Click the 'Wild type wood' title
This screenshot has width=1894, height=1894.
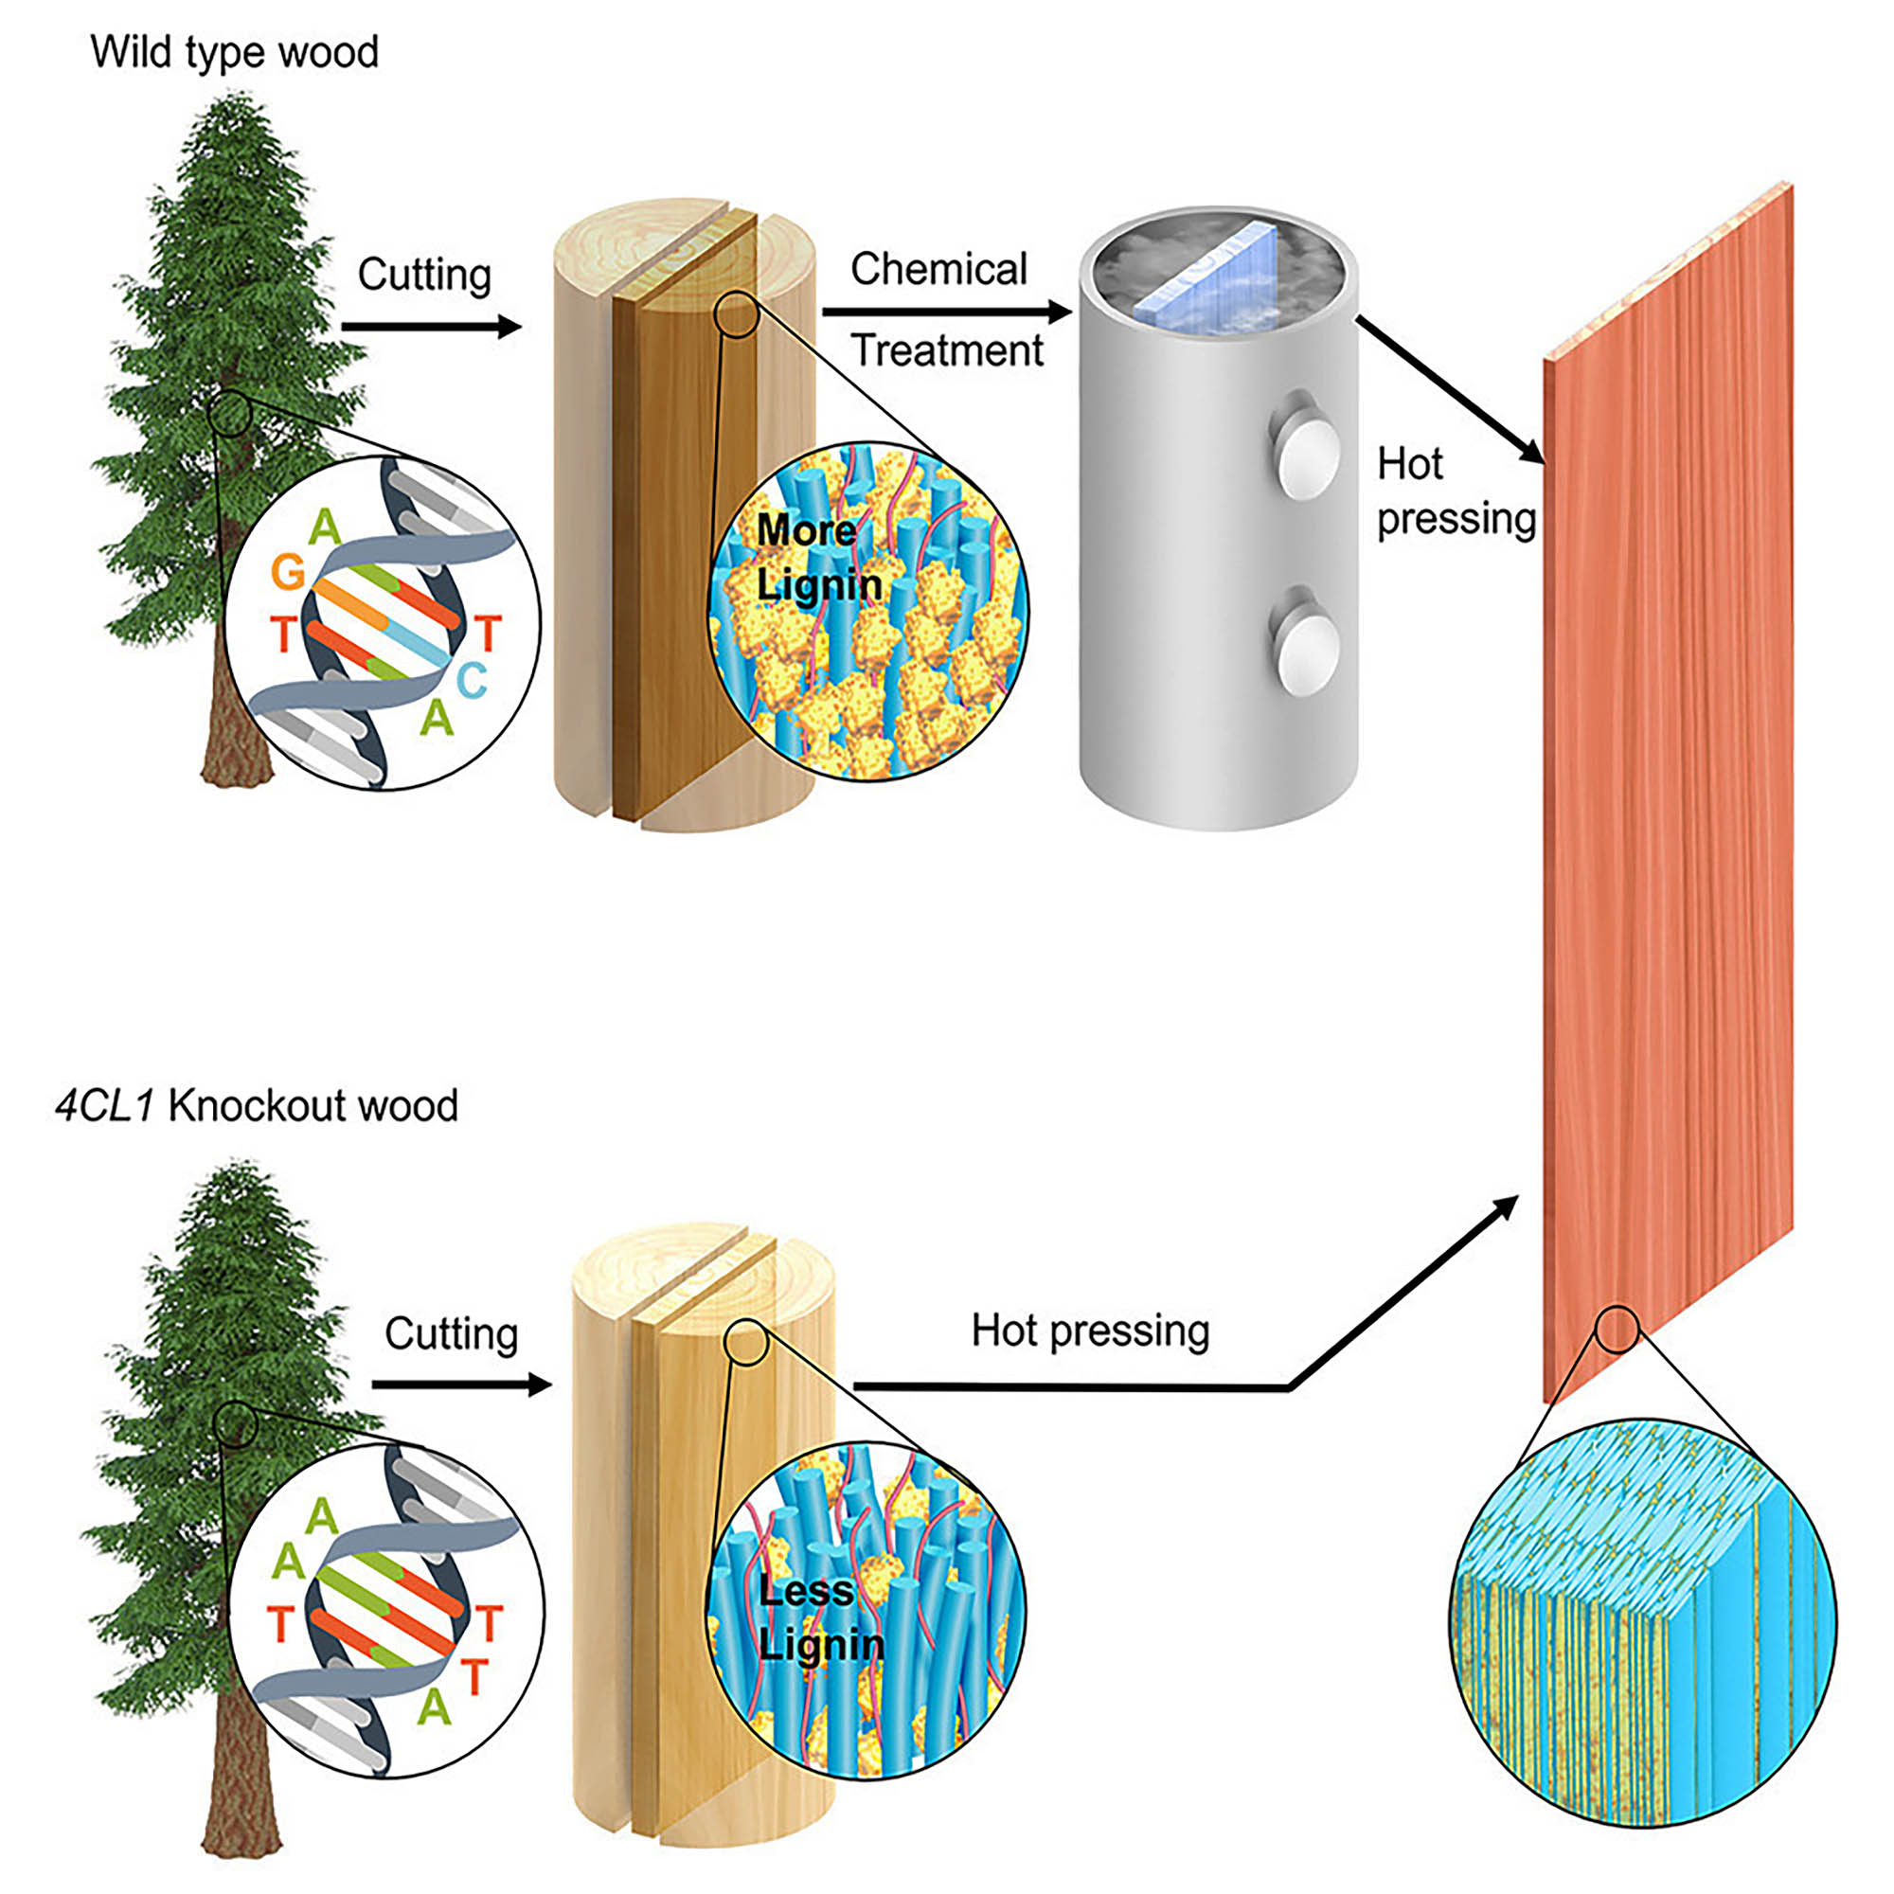(234, 53)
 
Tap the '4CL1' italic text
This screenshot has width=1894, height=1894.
(105, 1106)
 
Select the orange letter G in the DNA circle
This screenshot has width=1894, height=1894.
(288, 572)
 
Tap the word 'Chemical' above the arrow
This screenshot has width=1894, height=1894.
(938, 269)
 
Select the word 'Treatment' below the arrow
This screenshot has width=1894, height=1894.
(946, 350)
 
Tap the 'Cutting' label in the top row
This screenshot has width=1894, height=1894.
(423, 275)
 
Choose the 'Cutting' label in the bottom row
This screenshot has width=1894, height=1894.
(451, 1333)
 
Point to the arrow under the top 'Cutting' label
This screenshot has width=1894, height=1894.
(430, 327)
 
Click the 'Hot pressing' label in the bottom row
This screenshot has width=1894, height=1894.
(1090, 1331)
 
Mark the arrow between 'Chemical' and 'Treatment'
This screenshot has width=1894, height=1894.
(946, 312)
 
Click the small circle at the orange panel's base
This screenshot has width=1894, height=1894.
(1617, 1331)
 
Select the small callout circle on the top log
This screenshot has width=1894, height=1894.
(737, 314)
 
